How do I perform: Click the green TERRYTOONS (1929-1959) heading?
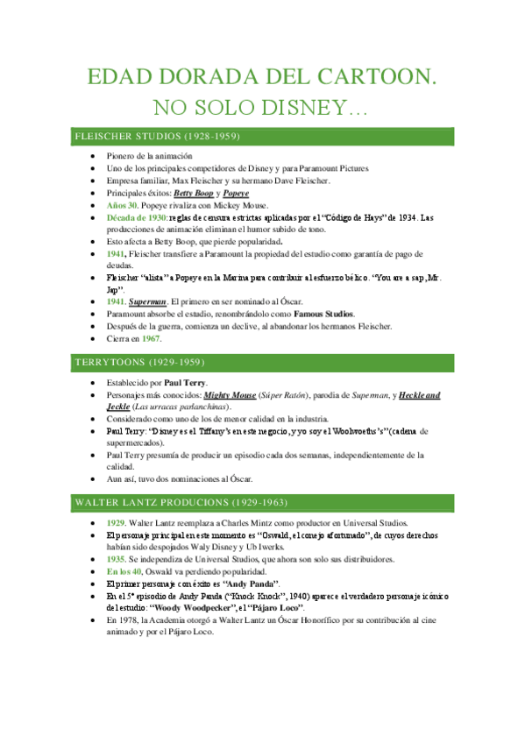[141, 361]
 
